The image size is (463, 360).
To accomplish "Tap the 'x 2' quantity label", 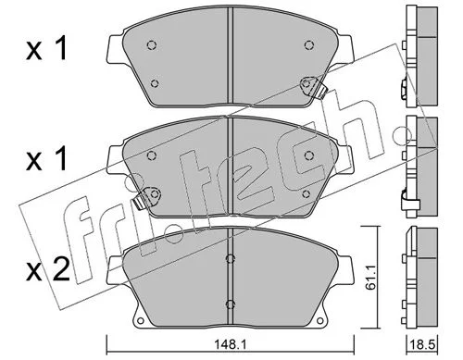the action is click(x=48, y=270).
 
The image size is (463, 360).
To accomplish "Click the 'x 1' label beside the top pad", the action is click(x=46, y=49).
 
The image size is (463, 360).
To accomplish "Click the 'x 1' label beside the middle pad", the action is click(x=46, y=159).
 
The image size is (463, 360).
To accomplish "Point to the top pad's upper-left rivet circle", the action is click(x=151, y=45).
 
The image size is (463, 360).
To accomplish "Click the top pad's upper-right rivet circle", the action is click(x=309, y=45).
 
